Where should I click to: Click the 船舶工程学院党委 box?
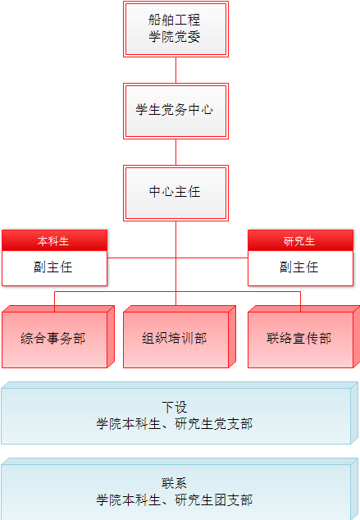(175, 30)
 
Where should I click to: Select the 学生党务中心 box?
(175, 111)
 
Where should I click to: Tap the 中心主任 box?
(175, 193)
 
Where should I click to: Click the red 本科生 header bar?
(54, 240)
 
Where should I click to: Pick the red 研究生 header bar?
(300, 240)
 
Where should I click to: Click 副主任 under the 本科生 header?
(53, 267)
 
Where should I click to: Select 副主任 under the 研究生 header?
(299, 267)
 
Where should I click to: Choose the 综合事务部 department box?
(58, 336)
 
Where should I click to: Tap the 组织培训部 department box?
(180, 336)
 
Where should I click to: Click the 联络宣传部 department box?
(303, 336)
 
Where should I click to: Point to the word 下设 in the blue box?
(175, 408)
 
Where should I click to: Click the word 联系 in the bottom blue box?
(175, 483)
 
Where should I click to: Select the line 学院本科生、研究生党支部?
(175, 424)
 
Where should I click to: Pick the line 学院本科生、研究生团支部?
(175, 500)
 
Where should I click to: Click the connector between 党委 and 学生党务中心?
(175, 71)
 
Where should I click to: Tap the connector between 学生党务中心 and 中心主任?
(175, 153)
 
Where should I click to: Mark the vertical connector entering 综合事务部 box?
(54, 302)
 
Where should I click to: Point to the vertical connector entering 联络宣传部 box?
(300, 302)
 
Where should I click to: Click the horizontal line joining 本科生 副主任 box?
(142, 258)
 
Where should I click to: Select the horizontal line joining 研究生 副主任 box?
(212, 258)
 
